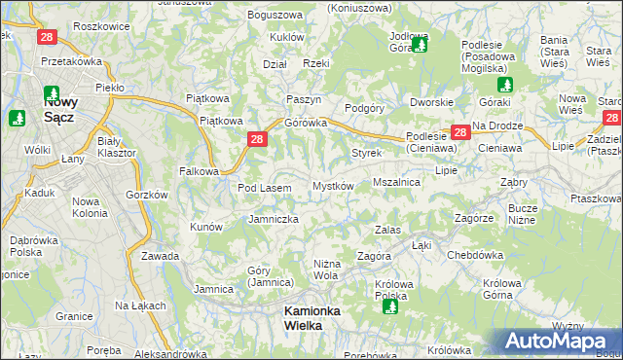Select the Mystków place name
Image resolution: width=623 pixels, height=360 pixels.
(x=332, y=186)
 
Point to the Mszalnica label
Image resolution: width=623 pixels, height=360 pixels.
(x=396, y=182)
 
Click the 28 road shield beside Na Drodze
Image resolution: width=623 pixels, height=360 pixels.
(x=459, y=132)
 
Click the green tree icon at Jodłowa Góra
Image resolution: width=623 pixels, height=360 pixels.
(x=420, y=43)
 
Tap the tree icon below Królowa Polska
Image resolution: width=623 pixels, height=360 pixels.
(x=390, y=306)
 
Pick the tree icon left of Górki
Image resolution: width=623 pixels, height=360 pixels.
(x=504, y=85)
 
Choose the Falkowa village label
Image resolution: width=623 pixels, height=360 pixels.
(x=199, y=170)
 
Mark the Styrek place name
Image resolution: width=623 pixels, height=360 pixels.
(x=366, y=154)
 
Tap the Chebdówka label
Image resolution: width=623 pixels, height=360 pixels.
(x=473, y=255)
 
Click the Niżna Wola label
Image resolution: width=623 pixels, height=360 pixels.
(x=325, y=270)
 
